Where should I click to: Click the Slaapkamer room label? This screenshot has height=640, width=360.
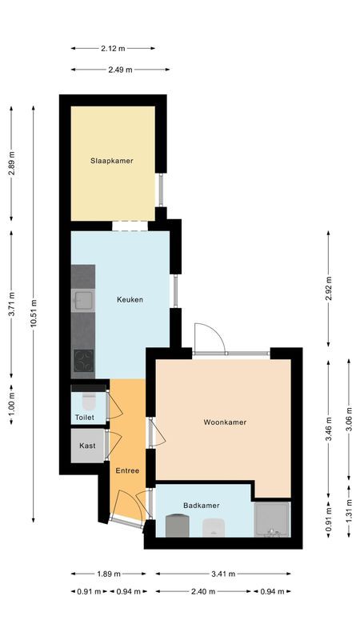click(111, 161)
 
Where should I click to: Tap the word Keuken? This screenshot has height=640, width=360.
click(130, 300)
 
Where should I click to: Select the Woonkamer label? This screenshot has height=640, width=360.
click(225, 422)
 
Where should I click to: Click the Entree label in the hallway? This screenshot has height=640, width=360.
click(127, 470)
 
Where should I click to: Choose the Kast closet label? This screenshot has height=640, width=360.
click(87, 446)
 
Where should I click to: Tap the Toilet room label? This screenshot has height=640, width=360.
click(84, 418)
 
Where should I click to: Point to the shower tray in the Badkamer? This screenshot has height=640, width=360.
click(272, 519)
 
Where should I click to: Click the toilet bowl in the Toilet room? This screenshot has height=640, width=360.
click(88, 398)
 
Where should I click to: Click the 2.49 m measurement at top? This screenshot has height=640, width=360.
click(120, 70)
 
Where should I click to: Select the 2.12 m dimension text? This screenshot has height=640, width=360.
click(120, 47)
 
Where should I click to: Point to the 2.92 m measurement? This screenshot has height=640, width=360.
click(329, 287)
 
